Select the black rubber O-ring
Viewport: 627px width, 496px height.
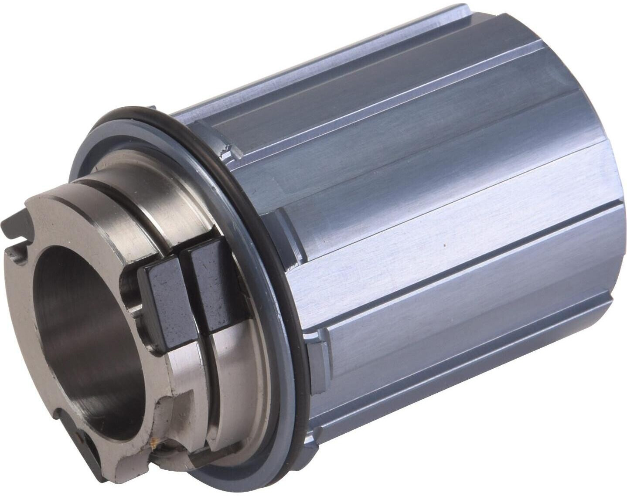coord(244,183)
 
